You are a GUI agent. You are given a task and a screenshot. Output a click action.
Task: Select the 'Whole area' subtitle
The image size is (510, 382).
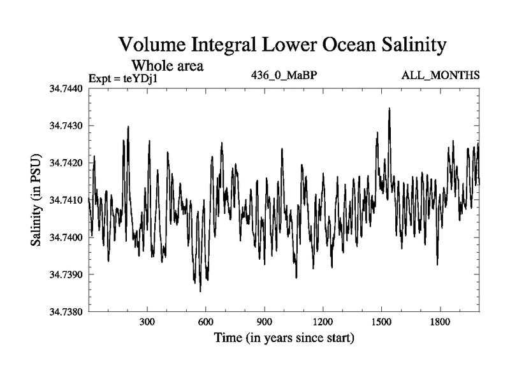click(x=167, y=65)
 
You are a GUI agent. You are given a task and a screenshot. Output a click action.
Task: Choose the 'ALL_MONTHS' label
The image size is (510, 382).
click(x=441, y=76)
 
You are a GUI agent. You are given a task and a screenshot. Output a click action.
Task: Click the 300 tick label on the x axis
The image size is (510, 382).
click(x=147, y=322)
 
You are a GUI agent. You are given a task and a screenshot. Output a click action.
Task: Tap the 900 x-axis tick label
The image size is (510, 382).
click(x=264, y=322)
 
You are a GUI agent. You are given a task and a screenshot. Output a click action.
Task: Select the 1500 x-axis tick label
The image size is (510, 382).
click(x=381, y=322)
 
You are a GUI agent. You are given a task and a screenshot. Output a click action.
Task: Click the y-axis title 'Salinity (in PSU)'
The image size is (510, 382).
click(x=36, y=201)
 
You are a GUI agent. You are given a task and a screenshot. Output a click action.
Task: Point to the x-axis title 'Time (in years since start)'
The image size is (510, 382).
click(x=284, y=337)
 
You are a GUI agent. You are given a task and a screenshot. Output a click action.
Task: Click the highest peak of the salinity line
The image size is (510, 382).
click(x=389, y=109)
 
